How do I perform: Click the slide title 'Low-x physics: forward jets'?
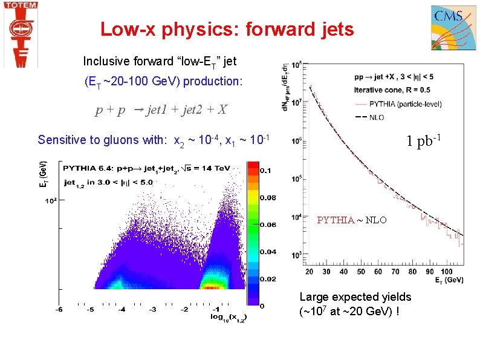[227, 29]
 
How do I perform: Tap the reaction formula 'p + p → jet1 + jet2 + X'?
[161, 110]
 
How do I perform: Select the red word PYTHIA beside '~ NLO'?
[335, 220]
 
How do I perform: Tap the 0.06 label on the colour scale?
[268, 225]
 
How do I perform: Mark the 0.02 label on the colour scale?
[268, 279]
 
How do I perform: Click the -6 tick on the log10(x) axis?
[59, 310]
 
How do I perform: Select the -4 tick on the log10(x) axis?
[122, 310]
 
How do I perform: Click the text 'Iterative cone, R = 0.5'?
[387, 90]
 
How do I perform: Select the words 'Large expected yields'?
[355, 297]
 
